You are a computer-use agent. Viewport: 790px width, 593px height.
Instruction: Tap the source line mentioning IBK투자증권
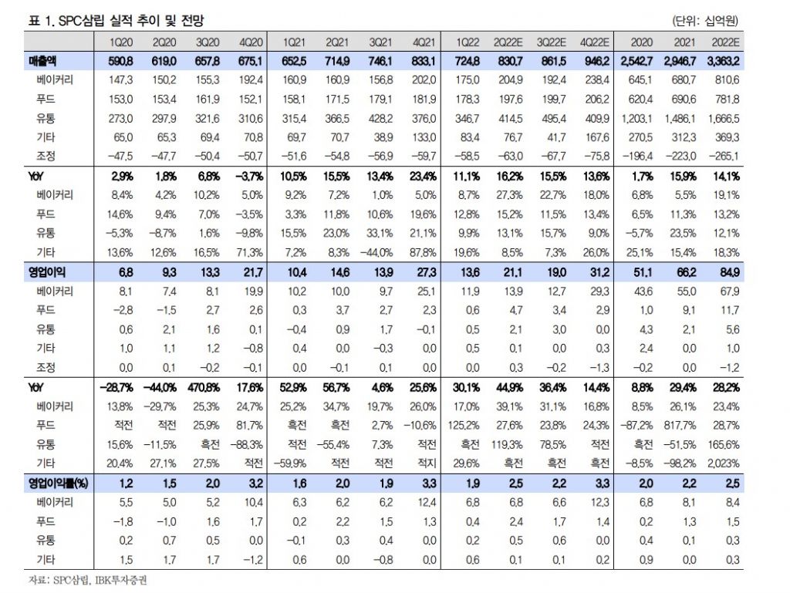[83, 580]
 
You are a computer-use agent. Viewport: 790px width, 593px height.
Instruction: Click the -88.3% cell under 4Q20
[248, 444]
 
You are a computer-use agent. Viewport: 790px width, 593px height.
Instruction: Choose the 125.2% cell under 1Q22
[467, 425]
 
